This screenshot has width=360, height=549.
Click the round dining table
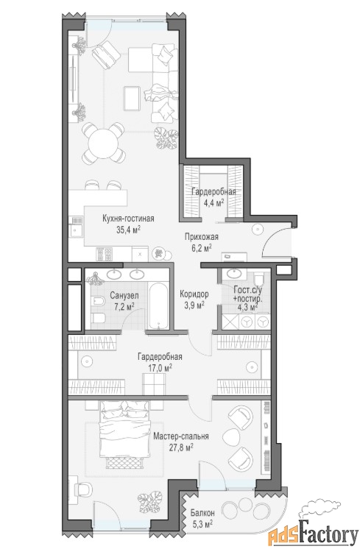coord(103,143)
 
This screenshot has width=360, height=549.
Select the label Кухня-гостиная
coord(128,219)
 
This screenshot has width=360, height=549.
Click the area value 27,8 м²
coord(181,448)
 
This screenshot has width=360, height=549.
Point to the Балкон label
coord(202,513)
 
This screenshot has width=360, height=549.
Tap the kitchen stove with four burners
coord(105,254)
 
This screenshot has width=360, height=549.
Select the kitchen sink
coord(76,227)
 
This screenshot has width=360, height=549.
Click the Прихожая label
coord(202,237)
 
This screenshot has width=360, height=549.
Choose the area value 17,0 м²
coord(160,368)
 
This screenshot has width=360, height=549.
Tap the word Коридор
coord(194,294)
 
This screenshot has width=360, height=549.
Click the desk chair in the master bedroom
coord(83,489)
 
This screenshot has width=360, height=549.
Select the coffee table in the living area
coord(132,99)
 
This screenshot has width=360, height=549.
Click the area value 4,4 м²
coord(213,202)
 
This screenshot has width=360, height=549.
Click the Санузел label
coord(124,296)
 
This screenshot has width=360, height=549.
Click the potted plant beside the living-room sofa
coord(166,138)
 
